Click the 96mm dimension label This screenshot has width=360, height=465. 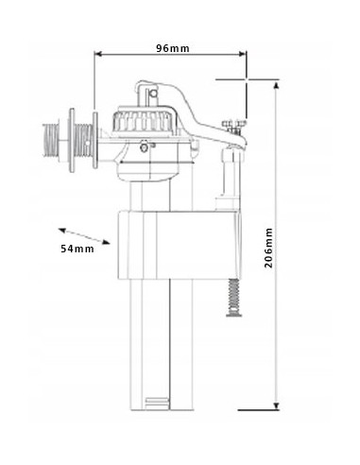coord(173,48)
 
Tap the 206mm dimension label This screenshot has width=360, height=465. coord(268,248)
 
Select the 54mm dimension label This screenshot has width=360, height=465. coord(77,249)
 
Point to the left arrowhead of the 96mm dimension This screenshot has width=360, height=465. coord(98,54)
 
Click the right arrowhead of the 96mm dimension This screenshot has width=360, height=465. coord(243,54)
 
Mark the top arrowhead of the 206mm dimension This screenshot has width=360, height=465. coord(276,86)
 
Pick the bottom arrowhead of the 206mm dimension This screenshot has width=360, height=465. coord(276,405)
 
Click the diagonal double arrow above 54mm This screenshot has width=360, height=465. coord(84,236)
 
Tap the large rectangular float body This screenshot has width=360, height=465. coord(179,246)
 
